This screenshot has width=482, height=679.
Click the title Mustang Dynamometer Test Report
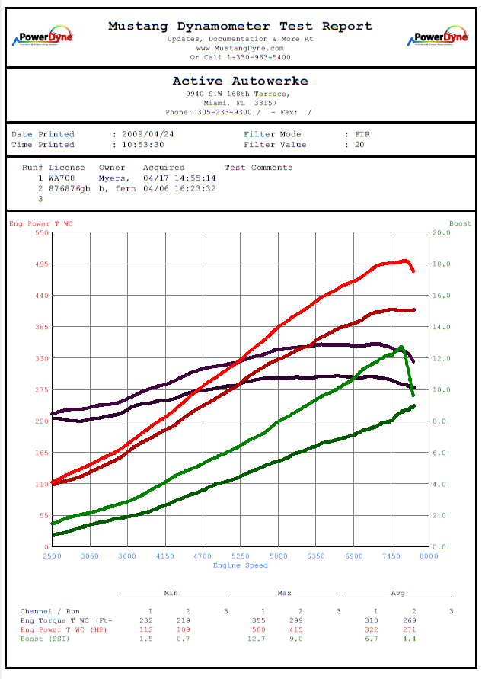pyautogui.click(x=240, y=26)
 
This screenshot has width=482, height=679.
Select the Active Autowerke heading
pyautogui.click(x=240, y=81)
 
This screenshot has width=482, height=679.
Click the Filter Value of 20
pyautogui.click(x=360, y=145)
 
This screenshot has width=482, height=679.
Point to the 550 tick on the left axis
pyautogui.click(x=40, y=232)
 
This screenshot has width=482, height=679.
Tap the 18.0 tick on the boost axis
pyautogui.click(x=442, y=264)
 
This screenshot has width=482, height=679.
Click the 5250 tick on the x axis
pyautogui.click(x=241, y=557)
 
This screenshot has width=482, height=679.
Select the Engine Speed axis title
pyautogui.click(x=240, y=565)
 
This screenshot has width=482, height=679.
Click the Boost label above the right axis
pyautogui.click(x=460, y=224)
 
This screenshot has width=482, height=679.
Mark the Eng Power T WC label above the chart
pyautogui.click(x=41, y=224)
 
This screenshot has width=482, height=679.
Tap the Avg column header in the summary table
pyautogui.click(x=397, y=593)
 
